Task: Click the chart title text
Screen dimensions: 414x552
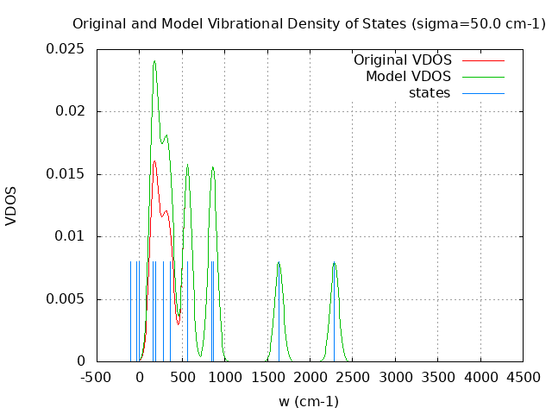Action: click(309, 23)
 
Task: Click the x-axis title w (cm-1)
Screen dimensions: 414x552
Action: click(309, 401)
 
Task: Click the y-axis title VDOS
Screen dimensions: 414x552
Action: click(11, 205)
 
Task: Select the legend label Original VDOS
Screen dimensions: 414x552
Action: click(402, 60)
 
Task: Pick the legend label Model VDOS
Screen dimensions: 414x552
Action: click(408, 77)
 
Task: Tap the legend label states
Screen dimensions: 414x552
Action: click(429, 92)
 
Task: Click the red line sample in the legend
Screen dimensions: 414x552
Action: click(483, 60)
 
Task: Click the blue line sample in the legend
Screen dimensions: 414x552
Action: click(483, 92)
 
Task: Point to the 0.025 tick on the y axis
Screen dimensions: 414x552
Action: click(66, 49)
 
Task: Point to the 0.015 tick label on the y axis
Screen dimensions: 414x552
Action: click(66, 174)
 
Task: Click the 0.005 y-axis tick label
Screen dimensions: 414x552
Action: click(66, 299)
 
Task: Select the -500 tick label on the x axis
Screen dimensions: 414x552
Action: click(97, 377)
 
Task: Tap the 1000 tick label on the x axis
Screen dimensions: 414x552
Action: click(224, 377)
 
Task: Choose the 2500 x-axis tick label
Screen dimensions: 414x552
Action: click(352, 377)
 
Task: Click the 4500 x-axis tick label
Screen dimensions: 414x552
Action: click(522, 377)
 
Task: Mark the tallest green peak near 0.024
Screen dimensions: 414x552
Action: click(154, 61)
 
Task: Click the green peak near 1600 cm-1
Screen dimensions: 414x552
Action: click(279, 262)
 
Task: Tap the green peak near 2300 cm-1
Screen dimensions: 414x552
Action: click(334, 262)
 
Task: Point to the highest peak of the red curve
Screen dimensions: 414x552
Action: click(154, 161)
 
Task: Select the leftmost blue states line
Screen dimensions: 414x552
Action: click(130, 310)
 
